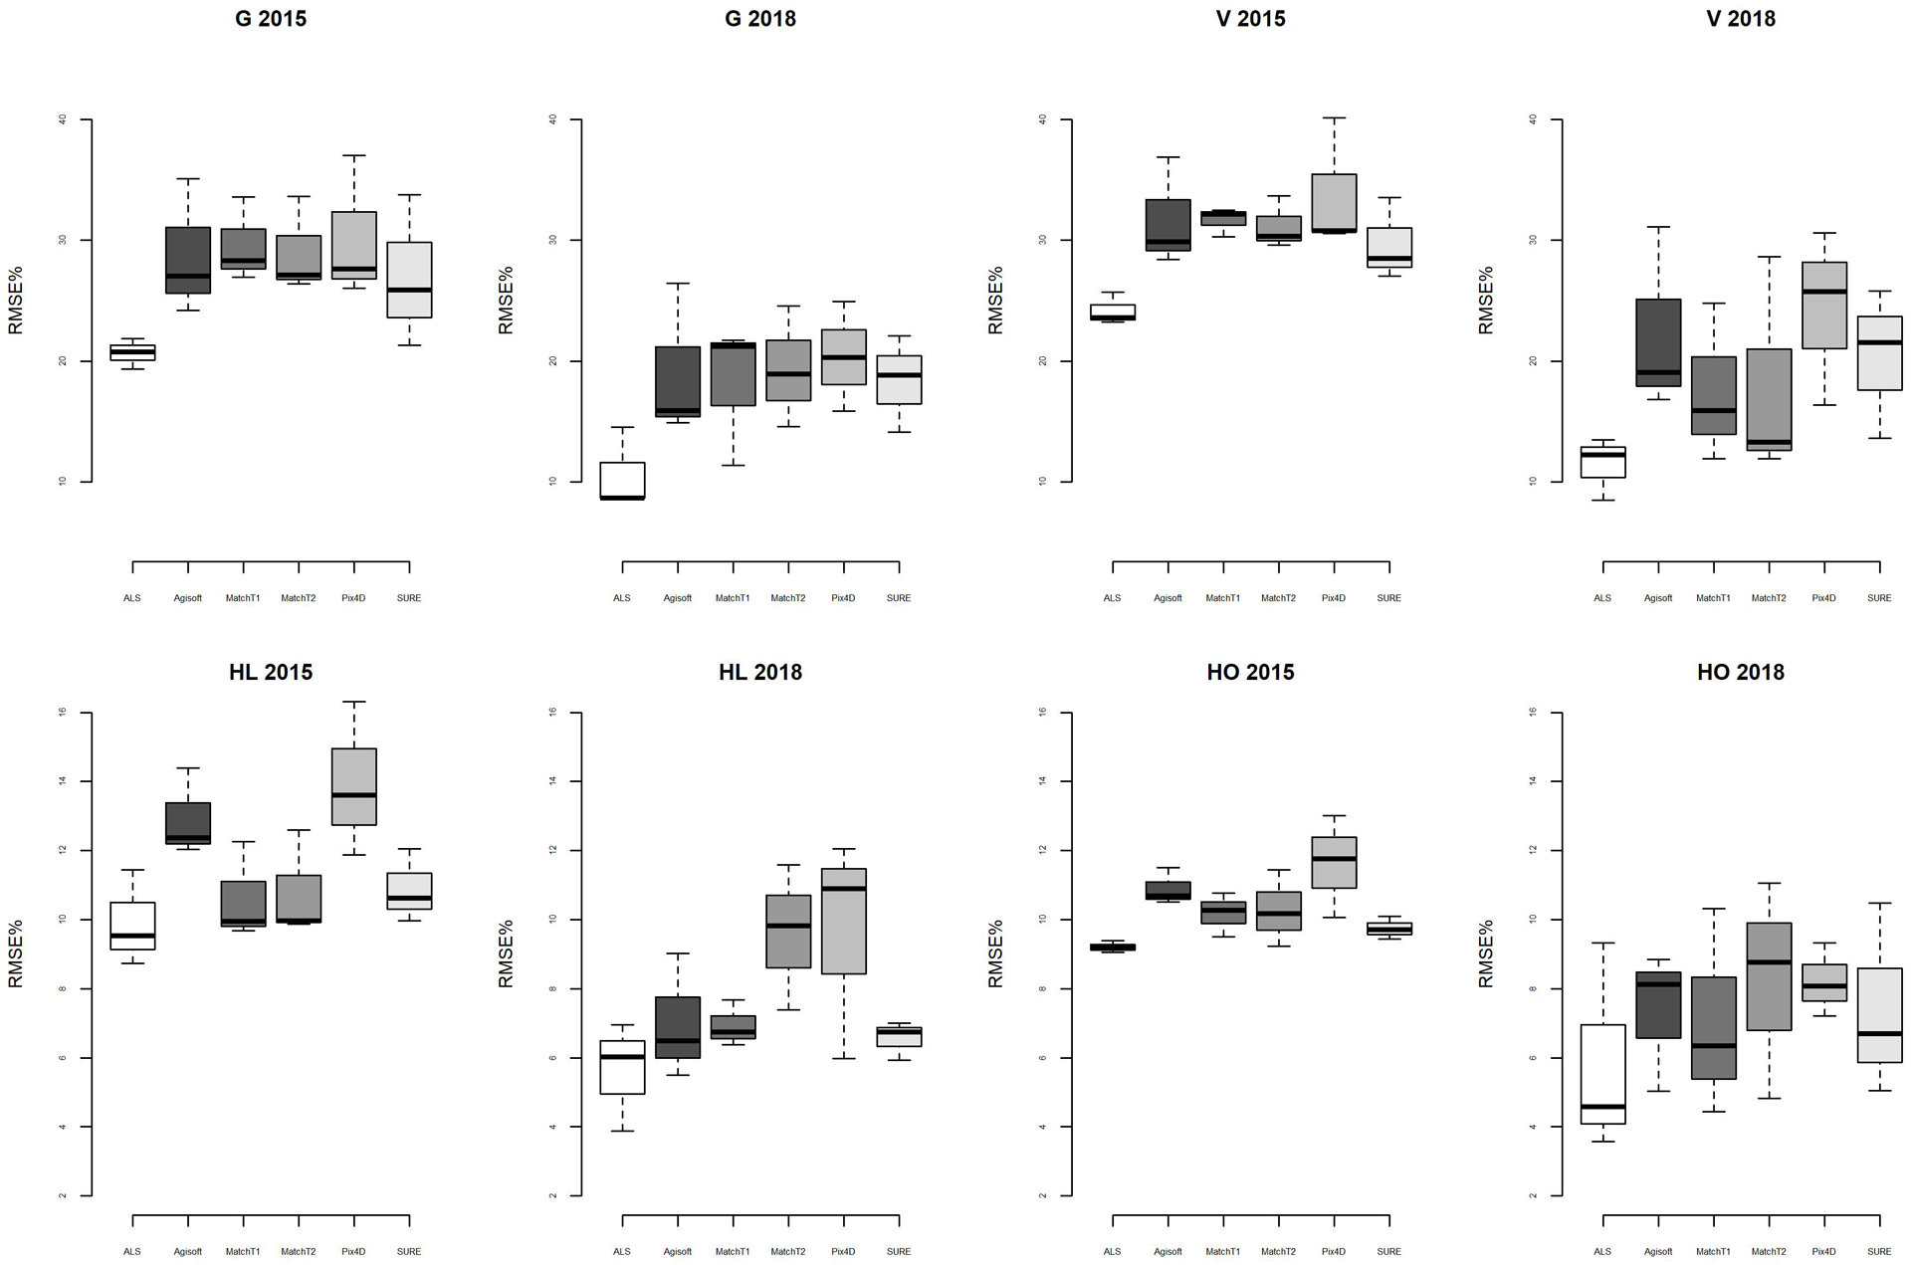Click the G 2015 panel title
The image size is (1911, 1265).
pos(271,19)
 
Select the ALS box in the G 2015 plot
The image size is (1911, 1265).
pos(132,352)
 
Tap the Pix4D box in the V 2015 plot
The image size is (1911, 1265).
pos(1334,203)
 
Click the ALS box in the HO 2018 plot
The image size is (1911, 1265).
pos(1602,1074)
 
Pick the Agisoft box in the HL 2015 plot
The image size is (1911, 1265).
pos(188,823)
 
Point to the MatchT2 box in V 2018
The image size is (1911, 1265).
pos(1769,399)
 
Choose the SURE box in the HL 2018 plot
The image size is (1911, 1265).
pos(899,1036)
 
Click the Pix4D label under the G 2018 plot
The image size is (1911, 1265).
pos(843,598)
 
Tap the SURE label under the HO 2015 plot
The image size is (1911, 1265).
pos(1388,1251)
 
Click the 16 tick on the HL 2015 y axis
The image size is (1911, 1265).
pos(63,713)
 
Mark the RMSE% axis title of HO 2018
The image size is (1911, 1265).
pos(1486,953)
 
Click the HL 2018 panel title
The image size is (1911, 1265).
pos(760,673)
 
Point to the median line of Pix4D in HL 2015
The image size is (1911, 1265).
pos(354,795)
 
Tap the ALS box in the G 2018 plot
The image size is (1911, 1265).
pos(622,481)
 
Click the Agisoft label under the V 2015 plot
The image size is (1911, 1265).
pos(1168,598)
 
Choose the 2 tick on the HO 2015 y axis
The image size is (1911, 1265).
pos(1043,1195)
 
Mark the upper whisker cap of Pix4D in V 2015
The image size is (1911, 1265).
pos(1334,117)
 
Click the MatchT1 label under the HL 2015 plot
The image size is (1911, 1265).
pos(243,1251)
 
